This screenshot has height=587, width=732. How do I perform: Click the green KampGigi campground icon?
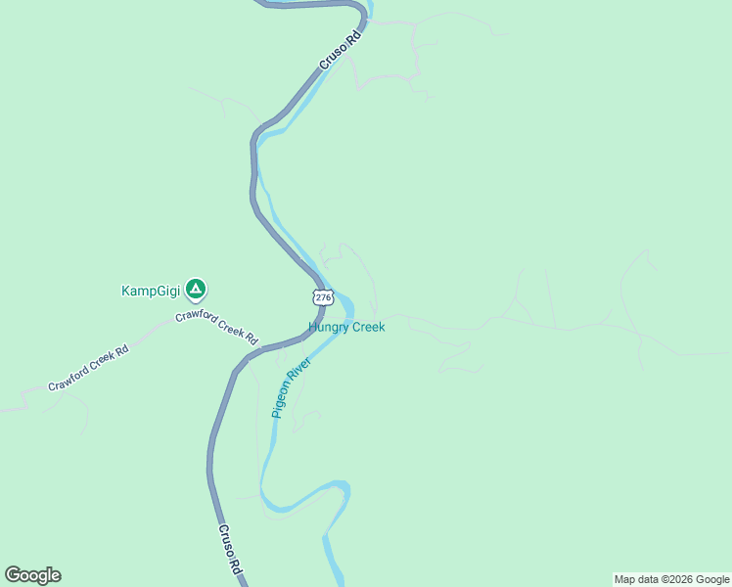pos(197,289)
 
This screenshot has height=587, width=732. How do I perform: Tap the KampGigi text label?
pos(151,290)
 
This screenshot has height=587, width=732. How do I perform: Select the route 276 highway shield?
pos(324,296)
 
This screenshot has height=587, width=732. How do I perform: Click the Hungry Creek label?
pos(346,327)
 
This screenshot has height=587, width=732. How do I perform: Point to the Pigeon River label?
pos(292,387)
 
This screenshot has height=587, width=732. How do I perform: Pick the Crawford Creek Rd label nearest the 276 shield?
pos(216,327)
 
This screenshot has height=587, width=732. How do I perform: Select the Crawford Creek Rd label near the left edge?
pos(88,368)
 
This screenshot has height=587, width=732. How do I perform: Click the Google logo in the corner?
pos(32,575)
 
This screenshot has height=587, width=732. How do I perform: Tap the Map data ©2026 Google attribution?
pos(671,579)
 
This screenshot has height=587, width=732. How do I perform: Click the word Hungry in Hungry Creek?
pos(328,327)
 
